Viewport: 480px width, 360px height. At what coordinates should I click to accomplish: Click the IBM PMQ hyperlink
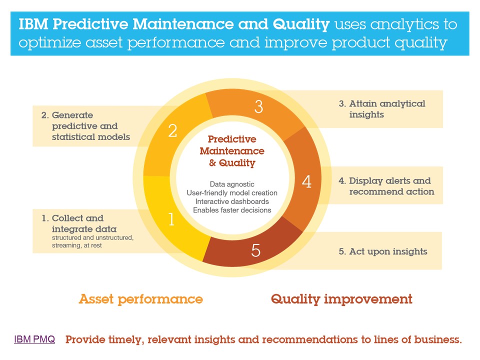(x=34, y=339)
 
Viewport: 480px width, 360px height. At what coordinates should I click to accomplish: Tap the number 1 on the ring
(x=171, y=219)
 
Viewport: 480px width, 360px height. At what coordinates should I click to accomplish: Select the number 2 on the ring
(x=172, y=130)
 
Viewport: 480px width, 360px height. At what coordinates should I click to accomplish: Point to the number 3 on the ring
(x=258, y=106)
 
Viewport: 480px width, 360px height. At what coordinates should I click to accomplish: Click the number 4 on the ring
(x=306, y=181)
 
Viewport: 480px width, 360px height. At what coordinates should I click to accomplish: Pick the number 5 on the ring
(x=255, y=250)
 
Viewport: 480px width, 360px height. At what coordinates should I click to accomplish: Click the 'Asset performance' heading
(x=141, y=299)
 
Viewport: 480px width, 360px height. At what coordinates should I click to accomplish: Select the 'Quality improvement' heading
(x=341, y=299)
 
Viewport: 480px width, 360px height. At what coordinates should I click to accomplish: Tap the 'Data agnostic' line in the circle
(x=232, y=184)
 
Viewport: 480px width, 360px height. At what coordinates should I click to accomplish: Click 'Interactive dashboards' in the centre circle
(x=232, y=201)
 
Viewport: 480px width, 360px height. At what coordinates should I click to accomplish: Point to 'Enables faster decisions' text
(x=232, y=210)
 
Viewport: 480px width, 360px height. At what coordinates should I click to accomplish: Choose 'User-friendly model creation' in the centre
(x=232, y=193)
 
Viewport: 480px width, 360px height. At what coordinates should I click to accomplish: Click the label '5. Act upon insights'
(x=383, y=251)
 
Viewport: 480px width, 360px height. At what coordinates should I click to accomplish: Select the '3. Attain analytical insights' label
(x=382, y=109)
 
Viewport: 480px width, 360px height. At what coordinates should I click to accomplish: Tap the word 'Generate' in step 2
(x=72, y=115)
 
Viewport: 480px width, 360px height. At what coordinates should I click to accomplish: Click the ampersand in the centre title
(x=212, y=163)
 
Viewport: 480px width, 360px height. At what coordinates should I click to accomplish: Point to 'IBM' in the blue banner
(x=33, y=24)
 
